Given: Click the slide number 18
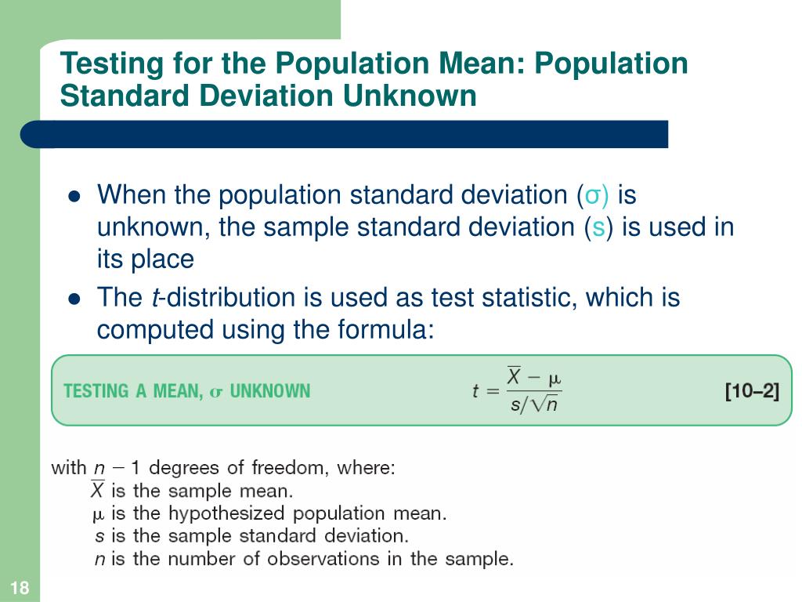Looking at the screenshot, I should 20,589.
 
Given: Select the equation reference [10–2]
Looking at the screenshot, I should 752,390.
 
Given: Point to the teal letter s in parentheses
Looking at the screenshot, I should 598,227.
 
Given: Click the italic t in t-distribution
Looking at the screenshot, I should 157,298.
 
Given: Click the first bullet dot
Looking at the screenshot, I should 75,196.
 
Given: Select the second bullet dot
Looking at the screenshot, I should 75,299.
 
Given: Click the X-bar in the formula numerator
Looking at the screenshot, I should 515,377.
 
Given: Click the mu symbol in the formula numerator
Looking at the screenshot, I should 554,379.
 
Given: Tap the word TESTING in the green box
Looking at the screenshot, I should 96,390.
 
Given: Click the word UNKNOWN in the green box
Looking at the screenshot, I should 269,390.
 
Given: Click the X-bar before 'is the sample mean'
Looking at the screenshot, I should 97,491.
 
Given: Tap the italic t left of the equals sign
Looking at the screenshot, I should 475,390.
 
